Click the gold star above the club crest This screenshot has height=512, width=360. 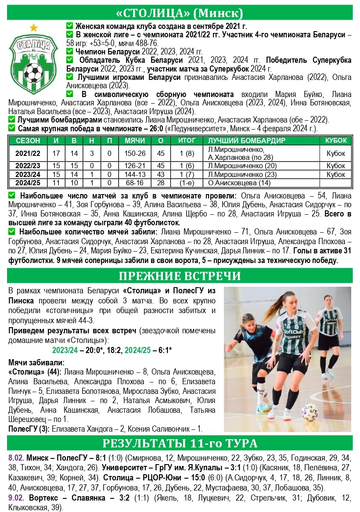[34, 28]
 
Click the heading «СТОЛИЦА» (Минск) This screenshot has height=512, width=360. [180, 12]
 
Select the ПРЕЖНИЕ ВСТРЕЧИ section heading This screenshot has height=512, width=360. [180, 276]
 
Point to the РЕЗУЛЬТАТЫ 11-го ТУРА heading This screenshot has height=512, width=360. [180, 442]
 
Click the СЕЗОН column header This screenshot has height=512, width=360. [28, 141]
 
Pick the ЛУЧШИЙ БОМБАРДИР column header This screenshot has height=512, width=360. [246, 141]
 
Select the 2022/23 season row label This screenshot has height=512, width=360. [28, 166]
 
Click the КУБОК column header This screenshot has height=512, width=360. [336, 141]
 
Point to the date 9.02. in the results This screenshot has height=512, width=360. [17, 498]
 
